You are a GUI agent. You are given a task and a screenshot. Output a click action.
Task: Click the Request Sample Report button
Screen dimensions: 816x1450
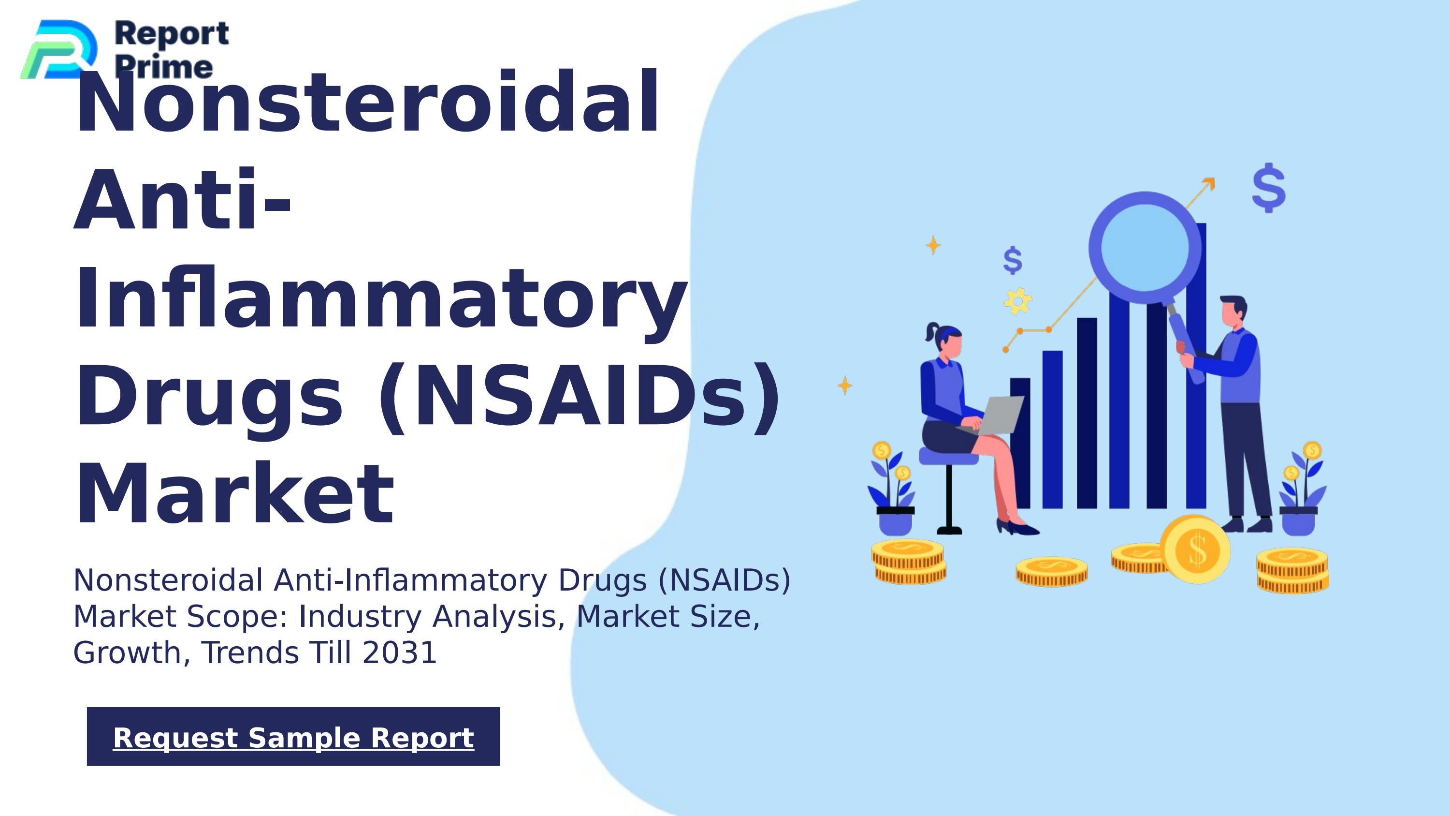coord(293,737)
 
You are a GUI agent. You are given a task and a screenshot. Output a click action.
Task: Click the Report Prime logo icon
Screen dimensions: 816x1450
coord(59,49)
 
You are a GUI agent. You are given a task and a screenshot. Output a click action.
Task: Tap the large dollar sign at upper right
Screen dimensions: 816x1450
coord(1269,188)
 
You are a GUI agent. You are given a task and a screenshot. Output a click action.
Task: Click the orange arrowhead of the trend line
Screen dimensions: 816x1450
coord(1210,183)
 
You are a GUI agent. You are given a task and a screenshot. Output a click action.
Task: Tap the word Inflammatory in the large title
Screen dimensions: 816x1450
coord(380,298)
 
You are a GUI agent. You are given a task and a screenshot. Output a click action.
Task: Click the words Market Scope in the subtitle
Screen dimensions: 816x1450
coord(180,617)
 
